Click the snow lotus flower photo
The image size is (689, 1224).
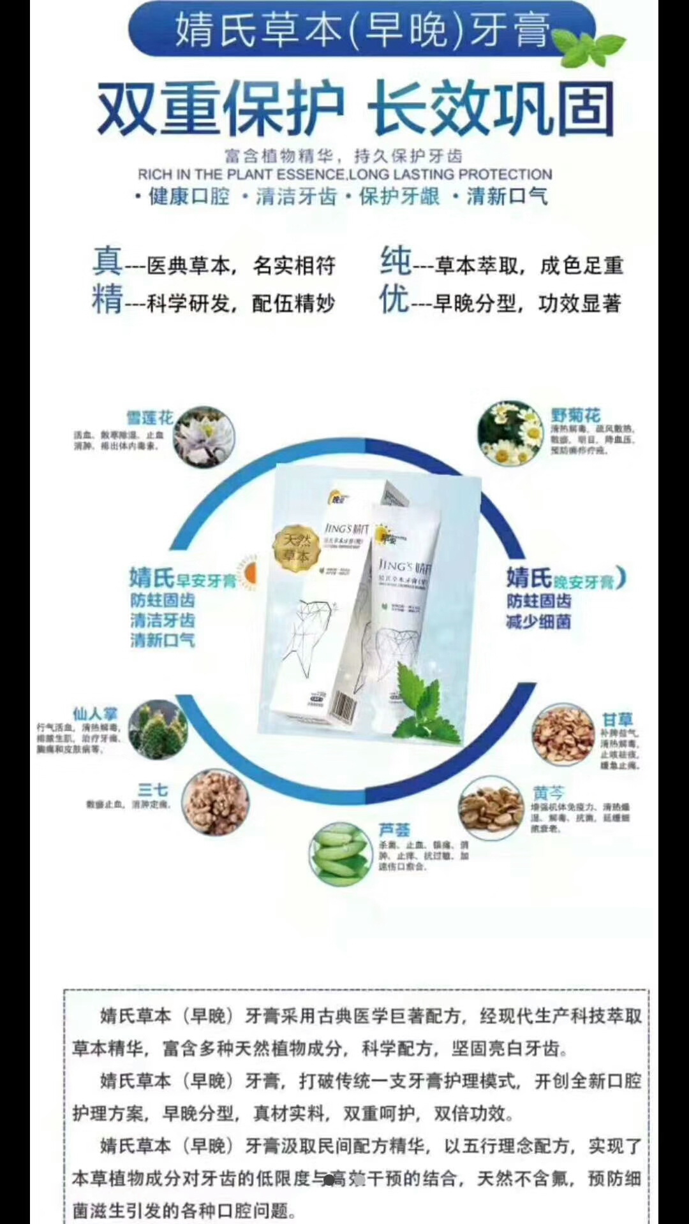pyautogui.click(x=205, y=437)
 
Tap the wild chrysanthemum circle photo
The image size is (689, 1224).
pyautogui.click(x=510, y=433)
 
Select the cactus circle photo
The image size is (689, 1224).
pyautogui.click(x=158, y=731)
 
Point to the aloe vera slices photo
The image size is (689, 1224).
pyautogui.click(x=340, y=854)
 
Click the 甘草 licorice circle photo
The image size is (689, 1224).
pyautogui.click(x=563, y=735)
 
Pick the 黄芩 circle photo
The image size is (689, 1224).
pyautogui.click(x=491, y=808)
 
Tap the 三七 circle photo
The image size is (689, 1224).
pyautogui.click(x=215, y=803)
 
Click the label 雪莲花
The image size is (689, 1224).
pyautogui.click(x=149, y=418)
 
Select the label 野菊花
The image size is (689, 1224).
pyautogui.click(x=575, y=415)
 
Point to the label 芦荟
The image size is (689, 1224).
pyautogui.click(x=394, y=829)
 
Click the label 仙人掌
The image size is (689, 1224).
pyautogui.click(x=95, y=713)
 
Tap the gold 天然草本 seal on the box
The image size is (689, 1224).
pyautogui.click(x=296, y=548)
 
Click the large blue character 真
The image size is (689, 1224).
pyautogui.click(x=107, y=261)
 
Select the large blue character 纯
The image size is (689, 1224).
pyautogui.click(x=396, y=261)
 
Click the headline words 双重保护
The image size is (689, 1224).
pyautogui.click(x=220, y=109)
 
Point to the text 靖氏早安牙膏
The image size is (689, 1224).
pyautogui.click(x=182, y=578)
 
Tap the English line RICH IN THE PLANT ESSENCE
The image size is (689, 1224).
pyautogui.click(x=242, y=174)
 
